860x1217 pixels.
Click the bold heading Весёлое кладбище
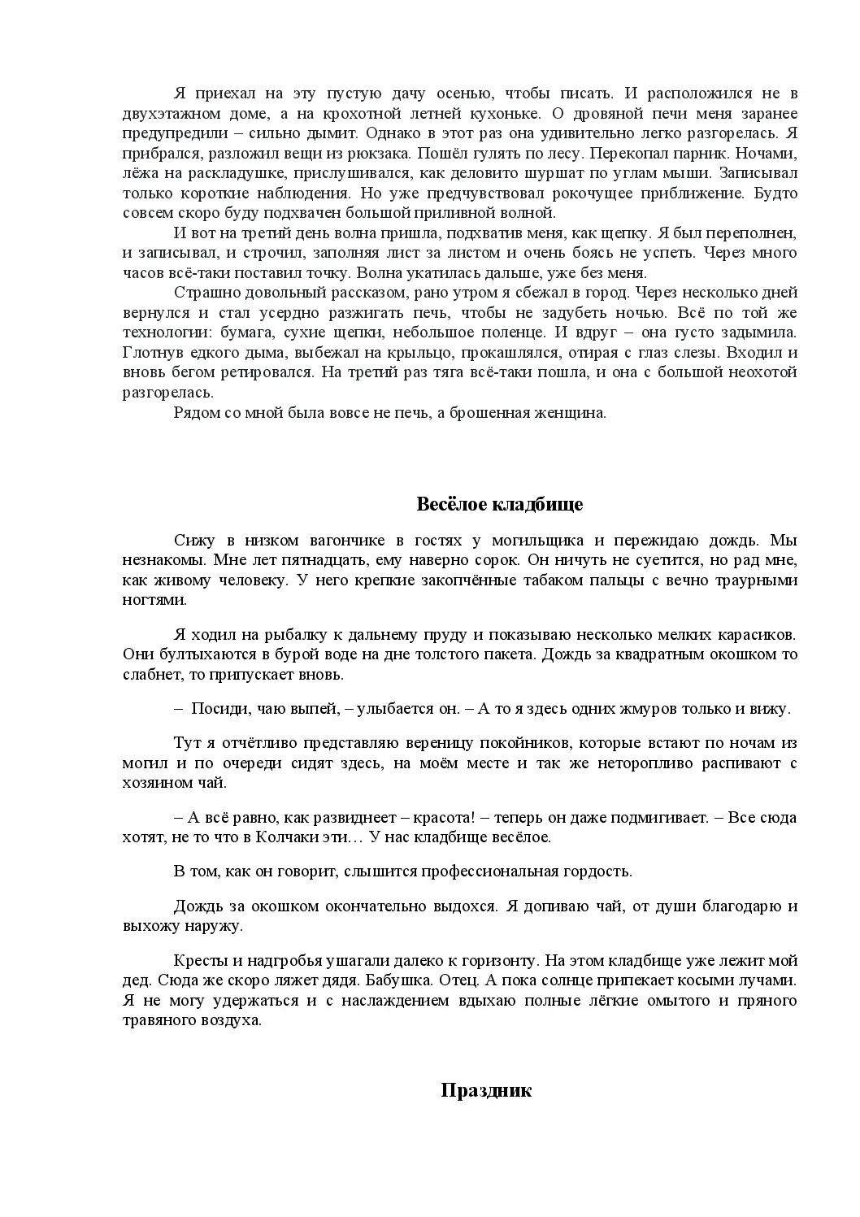(x=500, y=504)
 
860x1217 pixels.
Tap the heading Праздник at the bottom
(x=486, y=1090)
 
